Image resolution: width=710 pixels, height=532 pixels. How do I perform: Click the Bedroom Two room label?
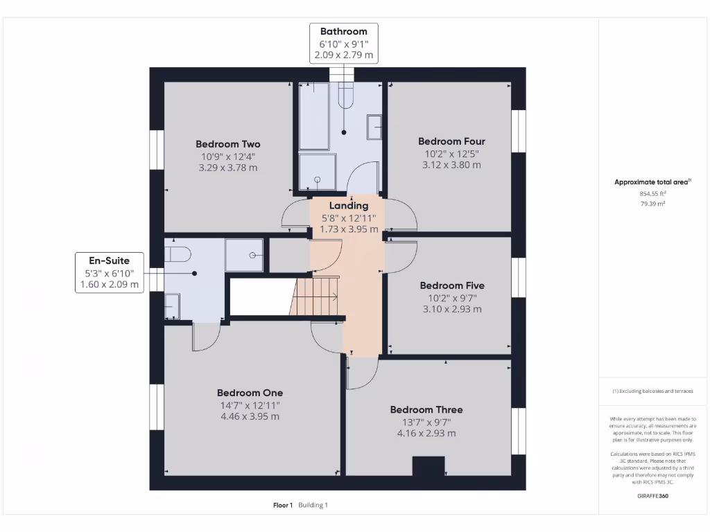click(228, 144)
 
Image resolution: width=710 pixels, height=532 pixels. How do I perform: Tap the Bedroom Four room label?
click(451, 141)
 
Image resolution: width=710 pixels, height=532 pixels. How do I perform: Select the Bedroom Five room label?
click(452, 285)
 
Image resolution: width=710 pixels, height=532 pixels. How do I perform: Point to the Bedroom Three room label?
click(426, 409)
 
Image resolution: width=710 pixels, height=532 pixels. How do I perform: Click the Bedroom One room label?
click(250, 393)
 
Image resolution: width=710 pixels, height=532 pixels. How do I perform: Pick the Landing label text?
click(349, 206)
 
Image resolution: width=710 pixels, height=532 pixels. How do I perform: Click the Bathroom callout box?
click(344, 43)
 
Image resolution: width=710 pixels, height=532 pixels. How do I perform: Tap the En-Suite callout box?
click(109, 272)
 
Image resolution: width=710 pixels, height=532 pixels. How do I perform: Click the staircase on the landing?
click(315, 296)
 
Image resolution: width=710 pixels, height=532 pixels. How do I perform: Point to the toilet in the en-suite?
click(177, 254)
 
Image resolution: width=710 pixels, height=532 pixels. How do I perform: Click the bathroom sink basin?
click(374, 127)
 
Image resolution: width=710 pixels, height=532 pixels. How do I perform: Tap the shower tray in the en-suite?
click(244, 255)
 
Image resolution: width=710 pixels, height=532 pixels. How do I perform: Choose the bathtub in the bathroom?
click(313, 116)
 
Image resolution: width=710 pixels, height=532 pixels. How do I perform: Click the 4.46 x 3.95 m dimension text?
click(250, 416)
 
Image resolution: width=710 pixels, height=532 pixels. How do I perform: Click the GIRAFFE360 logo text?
click(652, 496)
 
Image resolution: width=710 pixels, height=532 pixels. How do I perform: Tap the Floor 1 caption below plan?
click(283, 505)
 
